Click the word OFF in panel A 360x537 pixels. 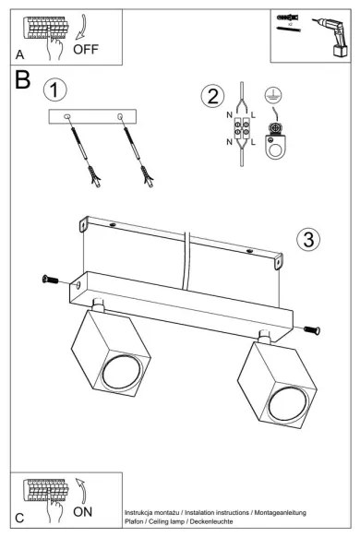coord(86,49)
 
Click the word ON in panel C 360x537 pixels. coord(82,512)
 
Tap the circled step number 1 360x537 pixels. coord(55,90)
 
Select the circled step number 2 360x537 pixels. coord(212,96)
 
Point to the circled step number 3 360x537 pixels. coord(308,239)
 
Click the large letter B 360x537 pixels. coord(22,79)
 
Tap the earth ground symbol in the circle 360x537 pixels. coord(273,96)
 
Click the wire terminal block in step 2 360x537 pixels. coord(242,128)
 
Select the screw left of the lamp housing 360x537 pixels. coord(50,280)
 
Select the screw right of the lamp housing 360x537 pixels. coord(312,329)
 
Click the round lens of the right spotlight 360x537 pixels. coord(288,404)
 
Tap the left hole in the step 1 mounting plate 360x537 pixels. coord(66,117)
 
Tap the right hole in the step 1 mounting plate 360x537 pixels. coord(120,117)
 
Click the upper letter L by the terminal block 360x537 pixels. coord(253,115)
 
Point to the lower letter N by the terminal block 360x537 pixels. coord(229,142)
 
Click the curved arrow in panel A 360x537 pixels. coord(81,28)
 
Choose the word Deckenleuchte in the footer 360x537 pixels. coord(211,521)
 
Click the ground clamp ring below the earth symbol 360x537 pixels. coord(274,148)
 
